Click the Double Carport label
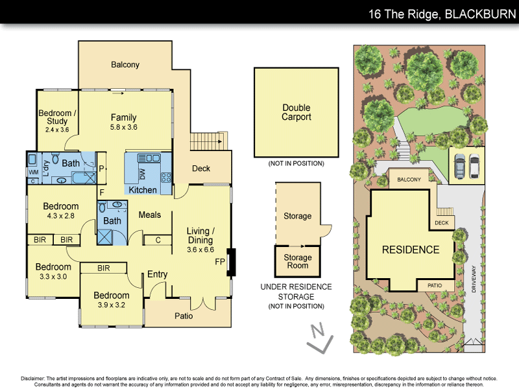[x=296, y=112]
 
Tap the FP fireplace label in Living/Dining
[x=221, y=263]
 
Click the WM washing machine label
[x=33, y=172]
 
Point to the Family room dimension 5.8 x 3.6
[x=123, y=127]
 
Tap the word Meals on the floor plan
[x=150, y=215]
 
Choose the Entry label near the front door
[x=157, y=274]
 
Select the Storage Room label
[x=297, y=262]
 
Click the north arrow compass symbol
[x=319, y=339]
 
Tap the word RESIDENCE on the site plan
[x=410, y=250]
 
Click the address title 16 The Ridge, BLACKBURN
[x=441, y=14]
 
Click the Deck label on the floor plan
[x=201, y=169]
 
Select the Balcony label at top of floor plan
[x=125, y=65]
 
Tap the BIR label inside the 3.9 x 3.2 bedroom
[x=103, y=267]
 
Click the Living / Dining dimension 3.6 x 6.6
[x=200, y=249]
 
